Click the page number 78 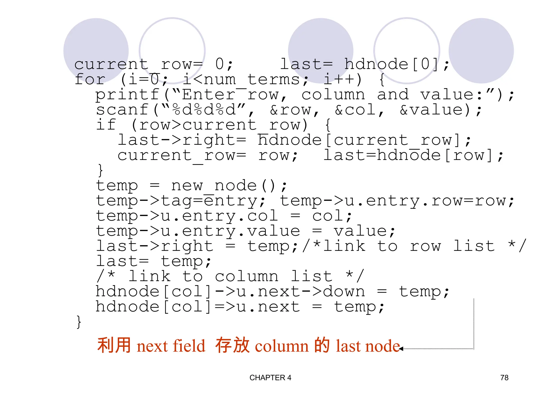pos(504,378)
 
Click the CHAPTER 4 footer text pos(270,378)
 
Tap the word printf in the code pos(127,95)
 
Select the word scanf pos(122,110)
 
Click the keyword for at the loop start pos(90,80)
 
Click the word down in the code pos(344,292)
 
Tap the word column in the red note pos(282,346)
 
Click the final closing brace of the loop pos(79,322)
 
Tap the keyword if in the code pos(106,125)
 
